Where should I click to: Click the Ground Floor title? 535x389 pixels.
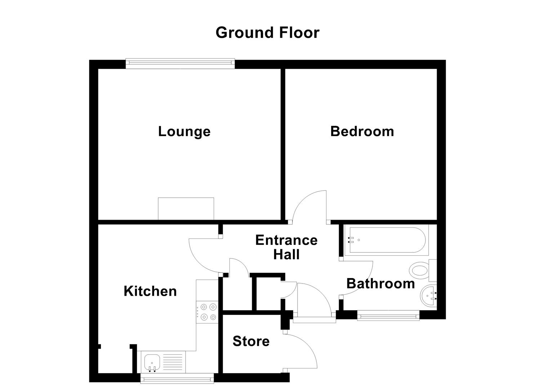[x=267, y=32]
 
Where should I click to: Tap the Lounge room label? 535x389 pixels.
[x=184, y=131]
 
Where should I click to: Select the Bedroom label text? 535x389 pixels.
[x=362, y=131]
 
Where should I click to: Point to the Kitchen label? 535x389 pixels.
[x=150, y=291]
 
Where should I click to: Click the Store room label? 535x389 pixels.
[x=251, y=341]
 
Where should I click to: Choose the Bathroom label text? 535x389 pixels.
[x=380, y=283]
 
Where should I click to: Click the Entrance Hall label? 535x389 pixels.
[x=286, y=247]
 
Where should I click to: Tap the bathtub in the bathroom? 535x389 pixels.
[x=385, y=240]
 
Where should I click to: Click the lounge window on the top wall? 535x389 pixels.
[x=180, y=64]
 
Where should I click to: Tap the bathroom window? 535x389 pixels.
[x=388, y=316]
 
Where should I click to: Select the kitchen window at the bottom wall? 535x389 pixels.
[x=177, y=378]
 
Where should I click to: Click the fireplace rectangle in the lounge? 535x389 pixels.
[x=186, y=209]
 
